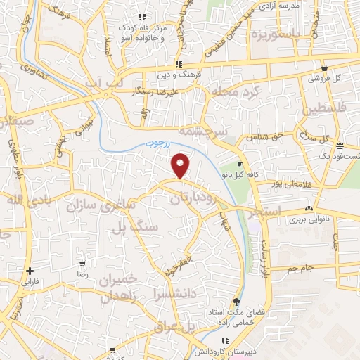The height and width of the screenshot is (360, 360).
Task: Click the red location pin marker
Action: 181,165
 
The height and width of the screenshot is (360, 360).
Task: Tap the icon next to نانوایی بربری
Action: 309,209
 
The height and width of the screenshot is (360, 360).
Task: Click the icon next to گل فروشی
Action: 324,68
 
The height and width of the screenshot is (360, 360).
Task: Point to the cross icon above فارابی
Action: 29,271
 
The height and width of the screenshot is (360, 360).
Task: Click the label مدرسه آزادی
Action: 279,6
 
